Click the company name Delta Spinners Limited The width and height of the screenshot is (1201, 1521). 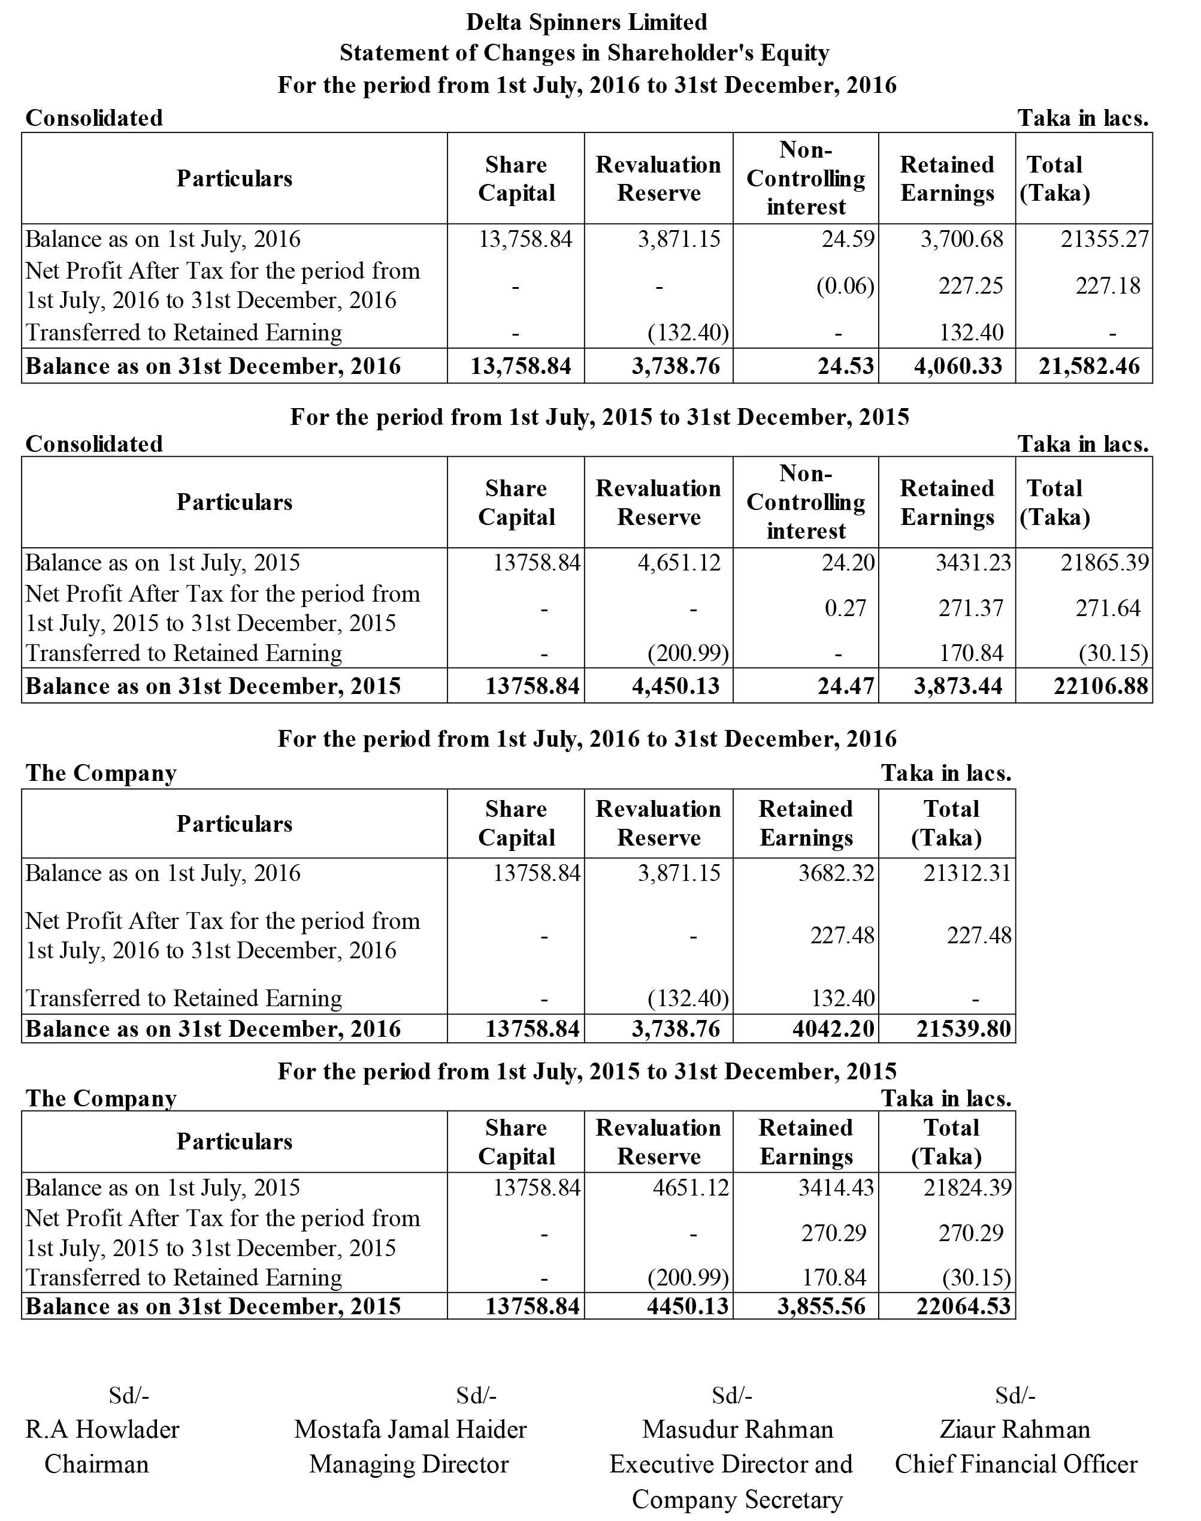coord(586,23)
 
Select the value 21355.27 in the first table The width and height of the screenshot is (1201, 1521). coord(1105,240)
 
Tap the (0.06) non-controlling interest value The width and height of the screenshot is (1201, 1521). coord(845,286)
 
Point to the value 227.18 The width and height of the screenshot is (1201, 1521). coord(1108,286)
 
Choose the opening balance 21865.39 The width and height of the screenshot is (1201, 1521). coord(1105,563)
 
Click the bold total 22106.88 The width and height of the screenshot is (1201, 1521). coord(1100,687)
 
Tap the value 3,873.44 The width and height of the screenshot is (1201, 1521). coord(958,687)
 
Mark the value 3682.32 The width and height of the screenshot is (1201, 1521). coord(836,874)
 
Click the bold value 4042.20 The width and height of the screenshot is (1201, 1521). coord(833,1029)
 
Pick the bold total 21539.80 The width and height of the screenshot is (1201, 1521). coord(963,1029)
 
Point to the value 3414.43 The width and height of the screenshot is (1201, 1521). coord(836,1188)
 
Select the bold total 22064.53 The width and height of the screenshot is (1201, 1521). coord(963,1306)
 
